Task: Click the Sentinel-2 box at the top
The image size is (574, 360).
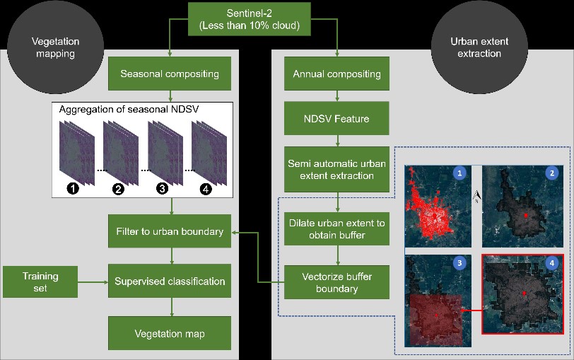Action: [250, 19]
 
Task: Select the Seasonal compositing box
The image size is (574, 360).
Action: [170, 74]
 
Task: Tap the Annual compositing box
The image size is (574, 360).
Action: [336, 74]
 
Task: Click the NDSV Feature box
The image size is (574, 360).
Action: [336, 118]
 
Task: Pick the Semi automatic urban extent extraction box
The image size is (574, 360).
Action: [336, 170]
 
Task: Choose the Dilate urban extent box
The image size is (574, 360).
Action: [336, 229]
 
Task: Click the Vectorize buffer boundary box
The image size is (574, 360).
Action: [336, 282]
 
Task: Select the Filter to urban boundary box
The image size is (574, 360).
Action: [170, 231]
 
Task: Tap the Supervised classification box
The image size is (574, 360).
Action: [170, 281]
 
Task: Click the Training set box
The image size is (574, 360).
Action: [40, 281]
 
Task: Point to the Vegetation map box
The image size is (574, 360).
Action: [170, 333]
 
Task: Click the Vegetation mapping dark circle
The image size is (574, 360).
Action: [55, 47]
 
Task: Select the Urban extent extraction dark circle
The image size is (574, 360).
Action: [479, 47]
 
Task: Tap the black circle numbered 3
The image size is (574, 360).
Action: [162, 188]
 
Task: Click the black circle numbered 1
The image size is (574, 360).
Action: [73, 188]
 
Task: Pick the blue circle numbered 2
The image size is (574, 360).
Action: [552, 173]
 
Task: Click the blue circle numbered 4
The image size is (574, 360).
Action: [551, 262]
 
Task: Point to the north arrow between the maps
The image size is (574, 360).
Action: [476, 197]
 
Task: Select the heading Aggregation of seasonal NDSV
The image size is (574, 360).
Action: [129, 110]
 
